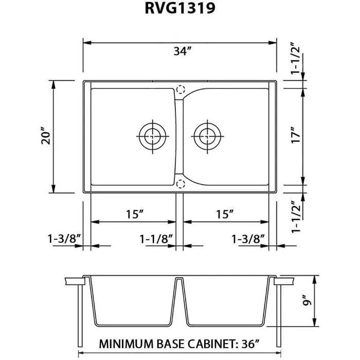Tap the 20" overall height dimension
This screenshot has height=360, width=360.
(46, 137)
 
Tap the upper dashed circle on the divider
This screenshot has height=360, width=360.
(180, 89)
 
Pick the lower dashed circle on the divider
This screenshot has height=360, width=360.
(180, 184)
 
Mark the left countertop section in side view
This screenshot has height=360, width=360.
(75, 281)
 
